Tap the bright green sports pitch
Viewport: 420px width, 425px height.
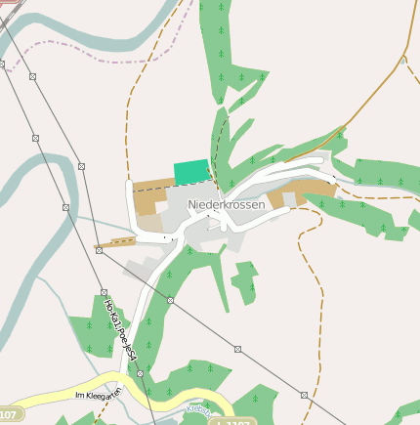click(x=191, y=171)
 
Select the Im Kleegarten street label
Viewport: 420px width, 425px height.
click(x=97, y=395)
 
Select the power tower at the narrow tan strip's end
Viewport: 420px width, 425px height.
click(x=99, y=249)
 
